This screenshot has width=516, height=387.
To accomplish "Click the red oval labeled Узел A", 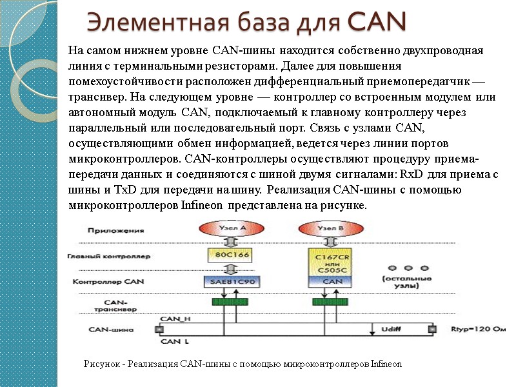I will [230, 229].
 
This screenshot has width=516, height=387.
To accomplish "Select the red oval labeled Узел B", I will [331, 229].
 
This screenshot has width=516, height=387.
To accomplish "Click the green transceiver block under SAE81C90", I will [230, 301].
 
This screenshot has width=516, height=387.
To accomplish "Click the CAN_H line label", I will [175, 319].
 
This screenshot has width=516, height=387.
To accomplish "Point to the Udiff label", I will [393, 330].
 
